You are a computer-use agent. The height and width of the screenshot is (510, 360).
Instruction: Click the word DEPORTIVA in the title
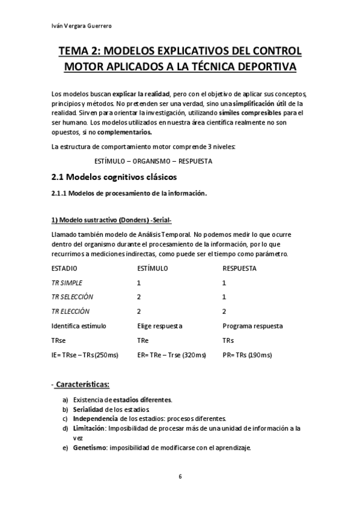262,67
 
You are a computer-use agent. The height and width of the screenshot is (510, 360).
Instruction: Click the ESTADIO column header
64,268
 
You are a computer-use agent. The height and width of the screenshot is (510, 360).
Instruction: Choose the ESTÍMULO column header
153,268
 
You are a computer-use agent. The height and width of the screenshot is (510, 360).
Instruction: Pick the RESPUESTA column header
240,268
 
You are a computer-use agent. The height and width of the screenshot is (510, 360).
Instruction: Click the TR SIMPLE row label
67,283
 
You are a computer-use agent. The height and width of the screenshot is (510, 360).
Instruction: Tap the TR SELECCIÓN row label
72,297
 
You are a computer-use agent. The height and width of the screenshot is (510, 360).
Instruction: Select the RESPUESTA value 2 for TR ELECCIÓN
224,312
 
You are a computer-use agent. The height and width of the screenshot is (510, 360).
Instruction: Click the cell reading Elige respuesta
160,326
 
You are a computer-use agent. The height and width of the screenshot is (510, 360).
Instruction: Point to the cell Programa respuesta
252,326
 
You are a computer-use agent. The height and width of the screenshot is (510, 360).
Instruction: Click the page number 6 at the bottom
180,476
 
